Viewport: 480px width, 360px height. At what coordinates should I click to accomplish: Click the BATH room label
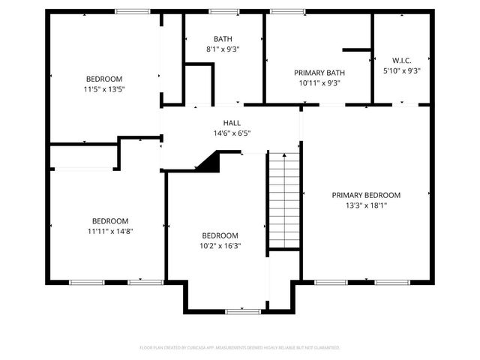pyautogui.click(x=223, y=39)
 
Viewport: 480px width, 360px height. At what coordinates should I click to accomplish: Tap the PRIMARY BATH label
pyautogui.click(x=319, y=73)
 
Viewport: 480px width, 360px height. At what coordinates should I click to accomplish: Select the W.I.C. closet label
pyautogui.click(x=401, y=60)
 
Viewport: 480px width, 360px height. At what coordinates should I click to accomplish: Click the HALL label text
pyautogui.click(x=232, y=123)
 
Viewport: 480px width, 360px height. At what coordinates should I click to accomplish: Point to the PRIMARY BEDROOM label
pyautogui.click(x=366, y=195)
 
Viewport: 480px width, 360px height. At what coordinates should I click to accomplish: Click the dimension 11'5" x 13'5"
pyautogui.click(x=104, y=88)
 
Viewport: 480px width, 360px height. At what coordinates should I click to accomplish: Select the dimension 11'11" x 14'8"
pyautogui.click(x=110, y=231)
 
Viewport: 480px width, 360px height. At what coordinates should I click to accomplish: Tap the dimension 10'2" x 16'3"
pyautogui.click(x=220, y=245)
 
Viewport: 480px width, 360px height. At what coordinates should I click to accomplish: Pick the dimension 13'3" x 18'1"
pyautogui.click(x=366, y=205)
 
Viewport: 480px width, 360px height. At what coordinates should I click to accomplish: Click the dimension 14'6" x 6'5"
pyautogui.click(x=232, y=133)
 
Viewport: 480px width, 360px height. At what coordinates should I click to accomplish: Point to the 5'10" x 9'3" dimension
pyautogui.click(x=401, y=71)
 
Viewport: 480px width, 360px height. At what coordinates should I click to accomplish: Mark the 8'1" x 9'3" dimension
pyautogui.click(x=223, y=49)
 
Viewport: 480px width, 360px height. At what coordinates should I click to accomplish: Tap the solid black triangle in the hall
pyautogui.click(x=209, y=160)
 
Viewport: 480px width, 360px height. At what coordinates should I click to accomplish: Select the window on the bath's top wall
pyautogui.click(x=223, y=11)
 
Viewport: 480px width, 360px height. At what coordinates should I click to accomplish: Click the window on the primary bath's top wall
pyautogui.click(x=283, y=11)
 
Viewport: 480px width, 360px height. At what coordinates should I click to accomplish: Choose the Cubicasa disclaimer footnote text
pyautogui.click(x=240, y=348)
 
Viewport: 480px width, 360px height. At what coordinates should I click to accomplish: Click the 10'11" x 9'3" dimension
pyautogui.click(x=319, y=83)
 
